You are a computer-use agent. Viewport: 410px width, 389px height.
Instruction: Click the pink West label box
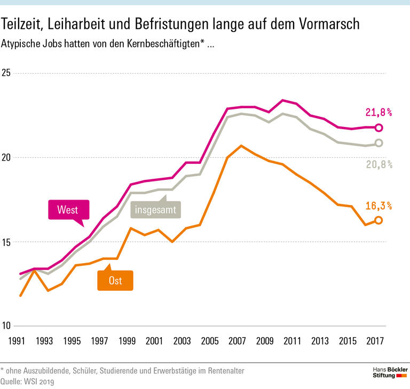point(68,210)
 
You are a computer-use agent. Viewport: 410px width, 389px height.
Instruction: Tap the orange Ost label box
point(115,280)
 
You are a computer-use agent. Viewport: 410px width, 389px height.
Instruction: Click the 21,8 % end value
point(379,112)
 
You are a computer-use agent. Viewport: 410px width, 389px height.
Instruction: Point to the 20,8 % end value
point(379,164)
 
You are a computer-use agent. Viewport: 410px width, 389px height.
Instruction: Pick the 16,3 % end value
point(379,205)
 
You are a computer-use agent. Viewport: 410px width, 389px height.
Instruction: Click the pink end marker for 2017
point(379,128)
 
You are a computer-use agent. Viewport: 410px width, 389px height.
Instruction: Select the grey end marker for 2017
point(379,143)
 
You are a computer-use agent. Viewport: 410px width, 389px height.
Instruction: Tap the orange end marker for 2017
point(379,220)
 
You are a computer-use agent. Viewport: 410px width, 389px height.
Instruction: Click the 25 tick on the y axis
point(7,73)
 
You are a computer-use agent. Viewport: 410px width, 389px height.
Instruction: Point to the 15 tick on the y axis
point(7,242)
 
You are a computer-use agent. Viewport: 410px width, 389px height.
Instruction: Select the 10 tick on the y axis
point(7,327)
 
